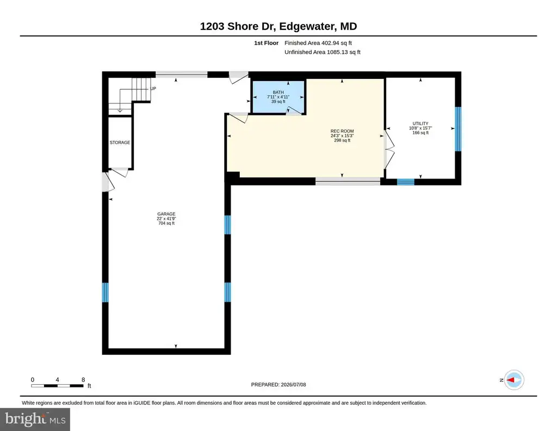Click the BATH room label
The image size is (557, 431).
[x=278, y=93]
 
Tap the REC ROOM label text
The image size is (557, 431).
[x=342, y=131]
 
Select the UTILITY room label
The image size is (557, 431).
[x=420, y=124]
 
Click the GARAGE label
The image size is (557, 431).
[x=166, y=214]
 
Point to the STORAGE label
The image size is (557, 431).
[x=120, y=143]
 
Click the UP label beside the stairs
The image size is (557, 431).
[x=153, y=89]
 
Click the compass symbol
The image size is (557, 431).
[x=513, y=380]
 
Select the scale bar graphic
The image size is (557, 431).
[x=57, y=386]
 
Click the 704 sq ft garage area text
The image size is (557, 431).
[x=166, y=223]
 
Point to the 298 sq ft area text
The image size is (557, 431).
[x=342, y=140]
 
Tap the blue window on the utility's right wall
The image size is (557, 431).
[x=458, y=129]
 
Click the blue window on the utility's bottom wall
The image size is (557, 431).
[x=405, y=182]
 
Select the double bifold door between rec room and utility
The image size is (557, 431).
[x=389, y=149]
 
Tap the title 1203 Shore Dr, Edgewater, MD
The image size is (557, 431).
[x=278, y=26]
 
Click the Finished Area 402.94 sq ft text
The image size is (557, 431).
[x=318, y=43]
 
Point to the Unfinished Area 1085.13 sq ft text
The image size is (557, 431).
[x=322, y=52]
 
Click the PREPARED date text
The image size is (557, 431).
[x=278, y=384]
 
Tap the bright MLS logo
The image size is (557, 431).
[x=35, y=419]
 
